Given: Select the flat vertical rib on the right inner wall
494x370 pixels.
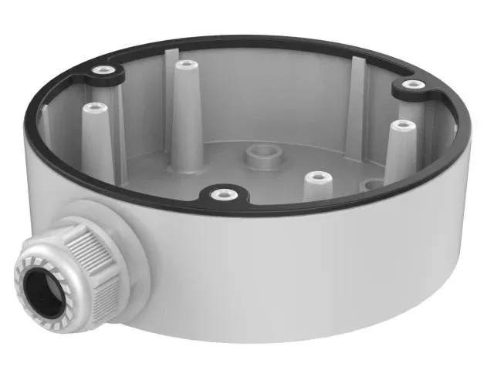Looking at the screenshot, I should click(355, 100).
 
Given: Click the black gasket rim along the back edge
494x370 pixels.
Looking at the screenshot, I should click(255, 40).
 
